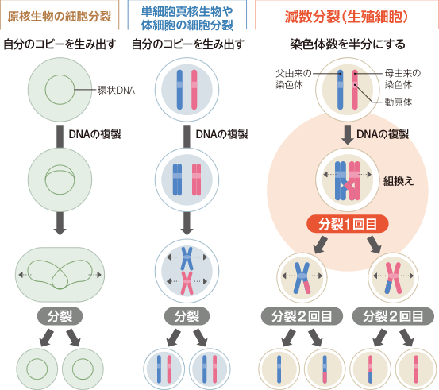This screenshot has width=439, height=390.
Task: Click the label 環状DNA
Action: click(116, 91)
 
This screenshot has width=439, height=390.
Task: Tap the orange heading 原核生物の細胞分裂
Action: click(60, 16)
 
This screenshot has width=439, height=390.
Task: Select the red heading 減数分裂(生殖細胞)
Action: click(346, 17)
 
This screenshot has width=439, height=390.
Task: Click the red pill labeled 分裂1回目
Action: click(348, 224)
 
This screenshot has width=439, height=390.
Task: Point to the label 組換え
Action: click(399, 181)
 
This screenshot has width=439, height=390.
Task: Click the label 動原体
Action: click(399, 102)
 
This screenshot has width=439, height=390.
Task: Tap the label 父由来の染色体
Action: click(294, 79)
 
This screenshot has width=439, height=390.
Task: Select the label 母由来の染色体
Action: click(402, 79)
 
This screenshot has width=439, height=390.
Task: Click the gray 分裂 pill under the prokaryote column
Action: click(60, 316)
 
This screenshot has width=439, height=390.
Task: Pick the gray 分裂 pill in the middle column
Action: click(187, 316)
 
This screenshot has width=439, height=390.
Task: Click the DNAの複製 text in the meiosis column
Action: click(383, 134)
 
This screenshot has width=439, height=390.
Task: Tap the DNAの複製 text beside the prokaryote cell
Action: click(94, 134)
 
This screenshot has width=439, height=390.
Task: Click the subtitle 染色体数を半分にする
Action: click(348, 44)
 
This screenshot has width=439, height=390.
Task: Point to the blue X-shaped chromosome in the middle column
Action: click(187, 258)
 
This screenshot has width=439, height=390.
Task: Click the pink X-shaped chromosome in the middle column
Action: click(187, 283)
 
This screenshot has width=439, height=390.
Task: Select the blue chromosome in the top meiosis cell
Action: click(341, 90)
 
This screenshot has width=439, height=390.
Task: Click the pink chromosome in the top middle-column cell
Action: click(194, 90)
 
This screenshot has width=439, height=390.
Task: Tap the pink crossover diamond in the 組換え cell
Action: click(349, 186)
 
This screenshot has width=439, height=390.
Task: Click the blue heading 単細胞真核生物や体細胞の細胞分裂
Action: click(187, 18)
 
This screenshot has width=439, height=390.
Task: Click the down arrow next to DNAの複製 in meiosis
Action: click(348, 135)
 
